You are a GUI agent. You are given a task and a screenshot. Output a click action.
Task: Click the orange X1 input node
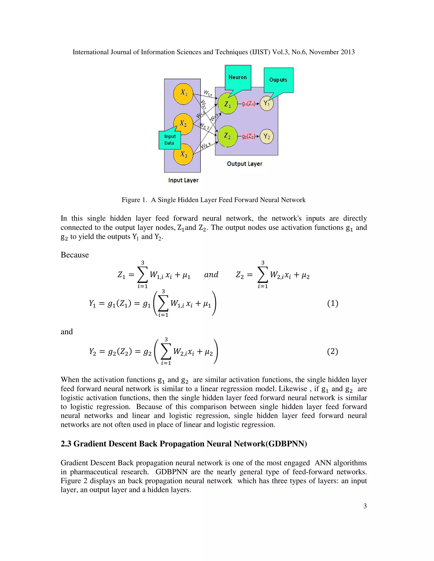[x=183, y=94]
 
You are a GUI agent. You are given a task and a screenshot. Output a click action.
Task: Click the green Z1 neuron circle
[x=227, y=104]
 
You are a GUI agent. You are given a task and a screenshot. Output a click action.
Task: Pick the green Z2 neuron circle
[x=227, y=136]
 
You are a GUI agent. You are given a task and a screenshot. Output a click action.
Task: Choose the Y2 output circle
[x=267, y=136]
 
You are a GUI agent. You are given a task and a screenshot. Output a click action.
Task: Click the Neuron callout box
[x=238, y=77]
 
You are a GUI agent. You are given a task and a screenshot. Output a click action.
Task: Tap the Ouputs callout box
[x=278, y=80]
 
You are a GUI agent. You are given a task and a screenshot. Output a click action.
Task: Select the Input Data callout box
[x=170, y=140]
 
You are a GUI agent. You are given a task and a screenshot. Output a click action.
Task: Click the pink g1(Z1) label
[x=248, y=104]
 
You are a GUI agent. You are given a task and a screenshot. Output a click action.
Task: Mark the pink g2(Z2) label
[x=248, y=136]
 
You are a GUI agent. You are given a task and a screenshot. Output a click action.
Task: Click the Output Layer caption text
[x=245, y=164]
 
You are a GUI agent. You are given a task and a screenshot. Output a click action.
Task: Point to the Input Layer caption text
[x=183, y=180]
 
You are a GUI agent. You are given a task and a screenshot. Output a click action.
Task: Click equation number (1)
[x=332, y=303]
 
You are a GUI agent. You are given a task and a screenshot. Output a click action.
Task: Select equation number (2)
[x=332, y=351]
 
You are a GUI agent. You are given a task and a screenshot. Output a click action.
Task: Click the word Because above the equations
[x=75, y=255]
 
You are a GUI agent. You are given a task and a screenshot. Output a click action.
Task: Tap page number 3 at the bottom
[x=365, y=506]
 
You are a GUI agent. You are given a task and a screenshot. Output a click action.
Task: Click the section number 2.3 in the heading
[x=66, y=444]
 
